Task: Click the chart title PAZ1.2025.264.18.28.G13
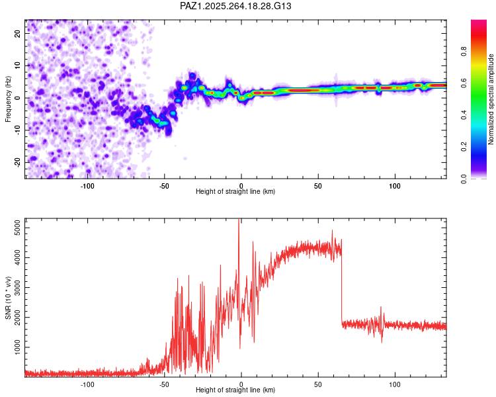click(235, 6)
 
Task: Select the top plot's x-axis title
click(235, 191)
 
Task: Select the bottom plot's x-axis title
click(235, 390)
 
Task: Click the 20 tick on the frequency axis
click(19, 33)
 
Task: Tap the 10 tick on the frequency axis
click(19, 66)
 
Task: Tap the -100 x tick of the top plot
click(87, 185)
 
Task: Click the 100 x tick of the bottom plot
click(395, 383)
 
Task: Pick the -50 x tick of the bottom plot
click(165, 383)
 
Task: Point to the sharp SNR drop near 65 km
click(342, 285)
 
